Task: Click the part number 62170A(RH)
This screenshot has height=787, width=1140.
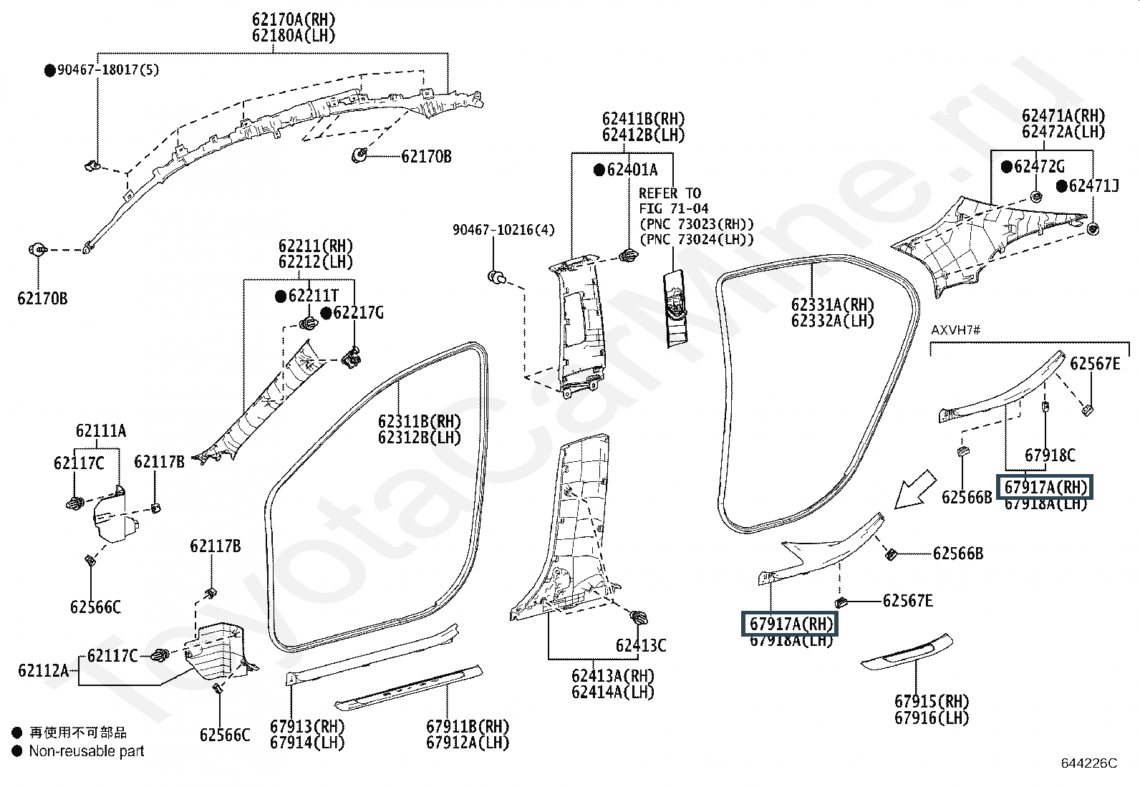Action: click(294, 20)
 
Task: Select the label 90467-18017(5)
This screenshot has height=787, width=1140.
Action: click(107, 70)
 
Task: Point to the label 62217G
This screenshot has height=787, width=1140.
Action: click(358, 313)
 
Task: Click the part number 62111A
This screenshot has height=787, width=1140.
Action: click(101, 431)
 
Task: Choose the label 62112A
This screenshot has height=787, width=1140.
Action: click(44, 670)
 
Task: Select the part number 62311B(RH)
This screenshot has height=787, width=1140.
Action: click(420, 421)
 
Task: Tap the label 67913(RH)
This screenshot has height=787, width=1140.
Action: click(307, 726)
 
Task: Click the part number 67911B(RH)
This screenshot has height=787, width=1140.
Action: click(468, 726)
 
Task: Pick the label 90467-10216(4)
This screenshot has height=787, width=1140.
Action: click(503, 230)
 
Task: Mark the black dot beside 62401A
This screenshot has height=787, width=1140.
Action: click(599, 170)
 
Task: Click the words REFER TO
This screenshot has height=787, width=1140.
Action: click(670, 193)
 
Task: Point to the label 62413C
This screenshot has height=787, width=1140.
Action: click(641, 645)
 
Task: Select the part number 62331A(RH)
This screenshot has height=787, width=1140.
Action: click(833, 305)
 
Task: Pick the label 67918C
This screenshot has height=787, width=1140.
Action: click(1050, 455)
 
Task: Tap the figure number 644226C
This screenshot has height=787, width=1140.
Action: click(1088, 763)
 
